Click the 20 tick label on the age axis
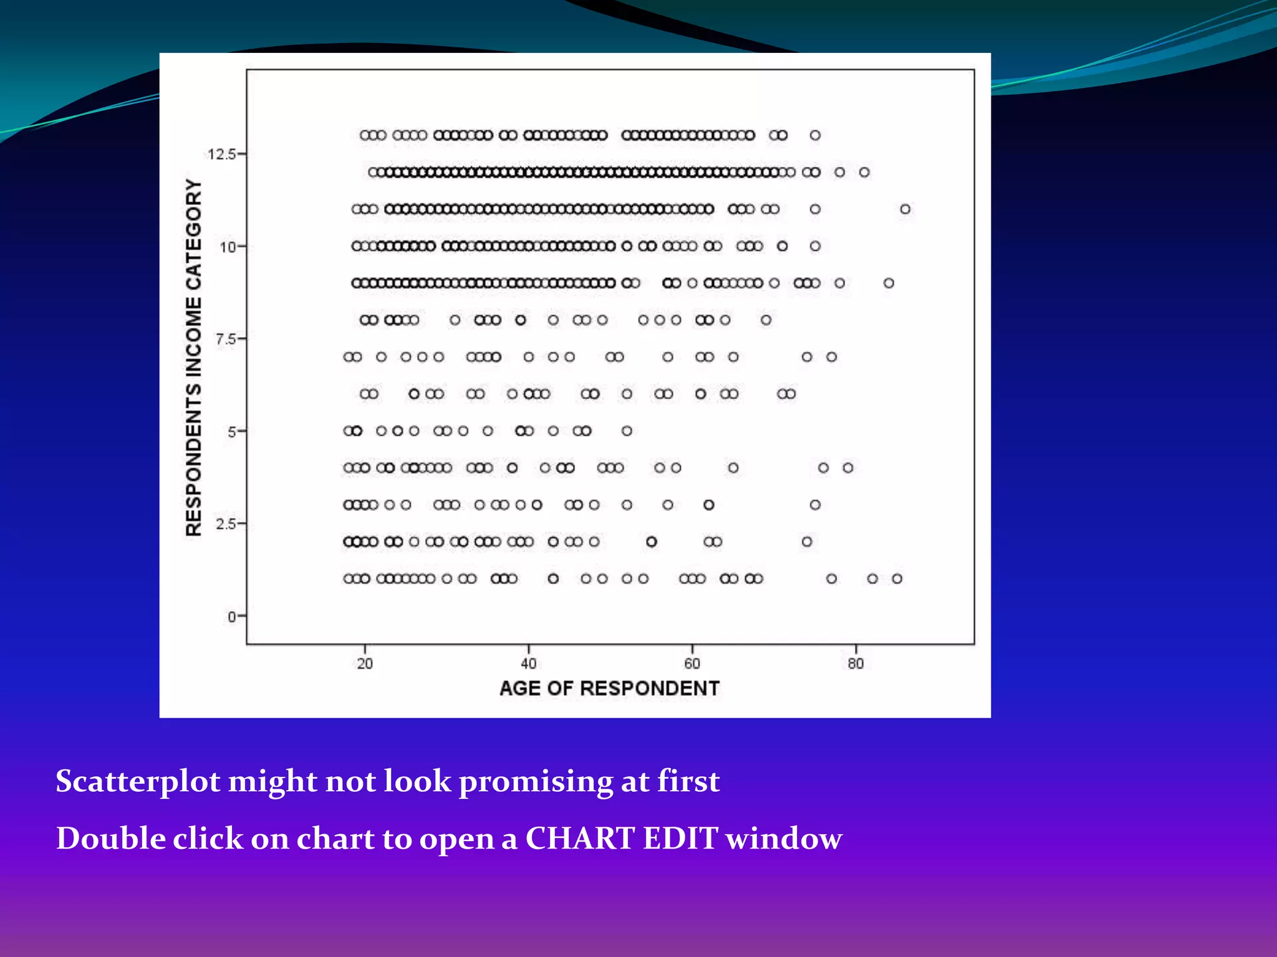pos(365,664)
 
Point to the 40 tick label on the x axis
pos(529,664)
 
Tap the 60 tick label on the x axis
pos(692,664)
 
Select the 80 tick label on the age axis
pos(855,664)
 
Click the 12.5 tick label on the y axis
pos(221,155)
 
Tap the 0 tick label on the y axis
pos(232,617)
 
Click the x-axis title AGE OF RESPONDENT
pos(609,688)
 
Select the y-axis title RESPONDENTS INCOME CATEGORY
pos(194,357)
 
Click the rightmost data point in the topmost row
pos(815,135)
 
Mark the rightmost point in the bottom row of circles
pos(897,579)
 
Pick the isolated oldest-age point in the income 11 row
pos(905,209)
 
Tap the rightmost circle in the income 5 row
pos(627,431)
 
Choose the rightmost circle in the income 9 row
pos(889,283)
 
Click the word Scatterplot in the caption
pos(138,781)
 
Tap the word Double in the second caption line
pos(111,839)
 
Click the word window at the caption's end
pos(784,839)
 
